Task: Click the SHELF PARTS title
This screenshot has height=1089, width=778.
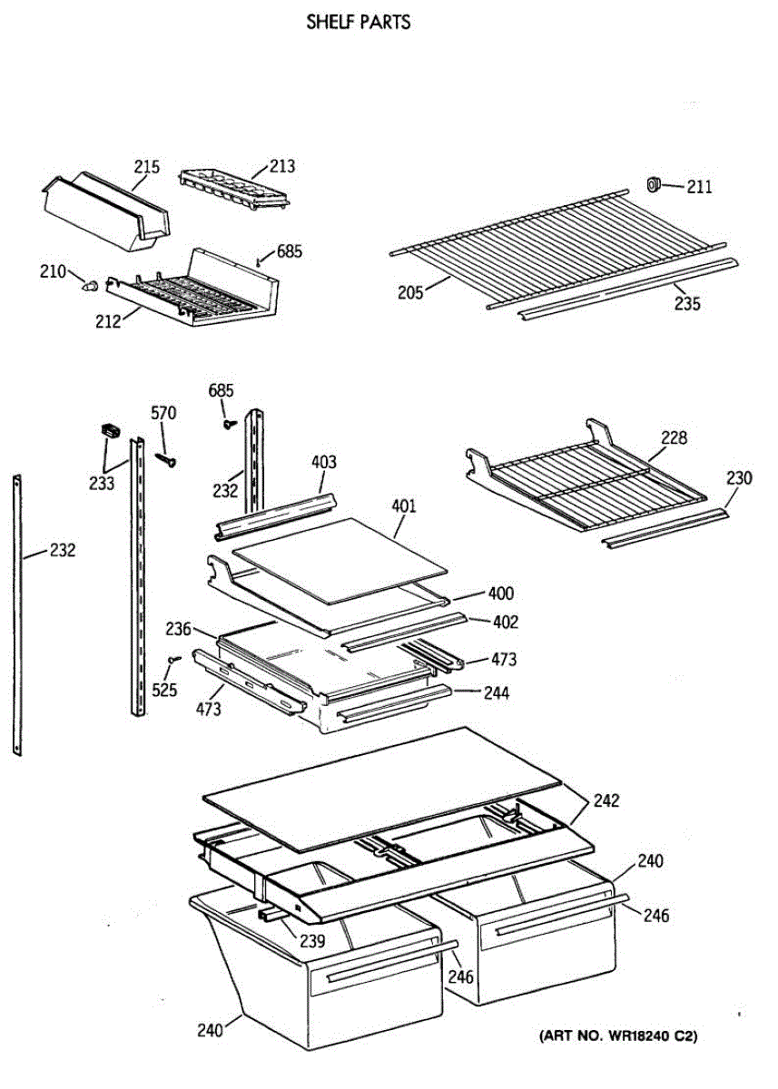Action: tap(359, 22)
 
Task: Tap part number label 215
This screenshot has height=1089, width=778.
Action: tap(147, 167)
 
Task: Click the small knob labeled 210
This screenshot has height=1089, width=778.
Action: tap(89, 286)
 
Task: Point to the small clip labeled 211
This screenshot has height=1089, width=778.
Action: tap(652, 185)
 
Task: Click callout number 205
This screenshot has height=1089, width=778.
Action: tap(411, 291)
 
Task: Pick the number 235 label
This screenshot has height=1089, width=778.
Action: tap(687, 304)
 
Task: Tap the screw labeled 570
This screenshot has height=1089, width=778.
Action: tap(167, 459)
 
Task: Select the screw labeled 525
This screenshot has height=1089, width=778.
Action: tap(173, 660)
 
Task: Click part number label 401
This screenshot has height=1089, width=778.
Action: tap(404, 505)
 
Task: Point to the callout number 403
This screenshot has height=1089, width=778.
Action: tap(323, 462)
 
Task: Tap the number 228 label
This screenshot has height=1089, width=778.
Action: tap(674, 438)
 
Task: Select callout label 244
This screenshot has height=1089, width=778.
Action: tap(496, 692)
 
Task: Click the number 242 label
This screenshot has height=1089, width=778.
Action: tap(606, 801)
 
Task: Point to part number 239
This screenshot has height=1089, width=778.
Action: tap(311, 940)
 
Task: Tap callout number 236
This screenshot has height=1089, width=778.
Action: tap(178, 628)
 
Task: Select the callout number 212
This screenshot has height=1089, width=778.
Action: tap(108, 320)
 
